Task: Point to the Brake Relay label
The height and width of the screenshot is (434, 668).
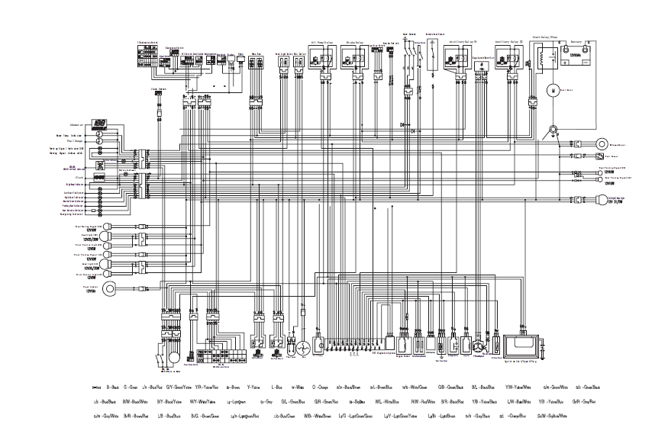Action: [353, 42]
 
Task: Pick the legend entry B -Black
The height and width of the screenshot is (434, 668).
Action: [112, 388]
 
